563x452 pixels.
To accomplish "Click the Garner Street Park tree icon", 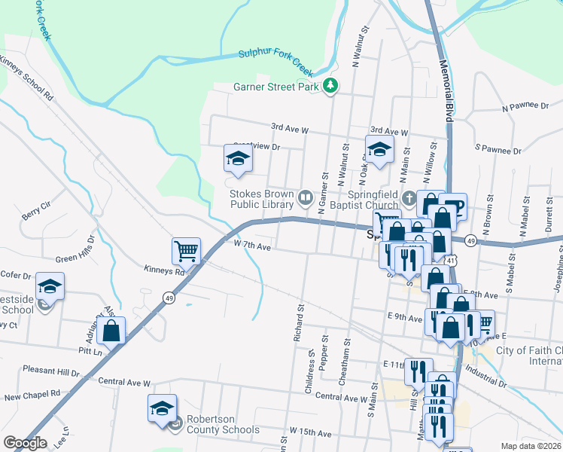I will coord(330,87).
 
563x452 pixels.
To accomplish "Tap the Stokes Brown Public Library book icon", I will coord(306,199).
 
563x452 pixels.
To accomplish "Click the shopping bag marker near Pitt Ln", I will coord(111,329).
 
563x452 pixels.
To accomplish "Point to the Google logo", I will coord(26,443).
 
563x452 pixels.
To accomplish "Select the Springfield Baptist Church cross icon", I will coord(409,199).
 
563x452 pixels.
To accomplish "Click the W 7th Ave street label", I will coord(251,246).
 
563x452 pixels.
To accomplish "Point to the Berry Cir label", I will coord(35,210).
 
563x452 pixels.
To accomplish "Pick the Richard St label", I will coord(298,322).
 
